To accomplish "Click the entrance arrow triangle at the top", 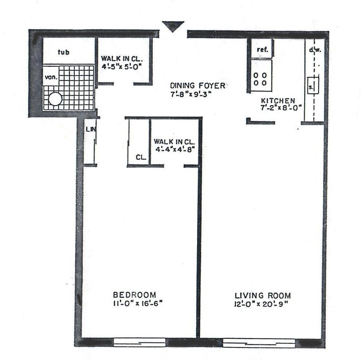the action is tap(173, 26).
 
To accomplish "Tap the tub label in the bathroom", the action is tap(64, 52).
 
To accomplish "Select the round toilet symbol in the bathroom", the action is tap(55, 99).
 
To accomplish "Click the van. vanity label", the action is tap(51, 77).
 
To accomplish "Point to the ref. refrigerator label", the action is tap(263, 49).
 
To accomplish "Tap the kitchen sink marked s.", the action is tap(313, 86).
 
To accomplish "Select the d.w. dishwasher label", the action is tap(315, 50).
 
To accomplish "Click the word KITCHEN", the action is tap(278, 101).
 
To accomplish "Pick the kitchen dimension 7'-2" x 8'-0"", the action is tap(281, 108).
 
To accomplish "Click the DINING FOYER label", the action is tap(198, 86).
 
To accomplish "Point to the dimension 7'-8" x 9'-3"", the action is tap(191, 94).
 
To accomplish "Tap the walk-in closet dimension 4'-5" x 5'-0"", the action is tap(121, 66).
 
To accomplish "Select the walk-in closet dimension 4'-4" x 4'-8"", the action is tap(174, 149).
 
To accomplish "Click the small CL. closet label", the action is tap(141, 157).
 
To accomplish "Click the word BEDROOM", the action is tap(134, 295).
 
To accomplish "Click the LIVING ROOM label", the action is tap(263, 296).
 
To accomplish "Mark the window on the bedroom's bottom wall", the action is tap(140, 343).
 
